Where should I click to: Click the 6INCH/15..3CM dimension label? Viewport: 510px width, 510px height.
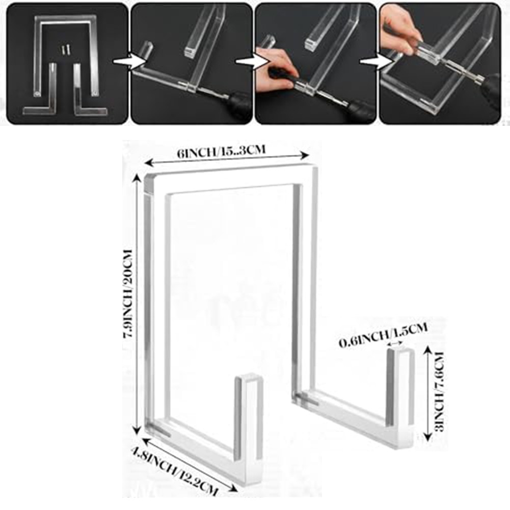[222, 151]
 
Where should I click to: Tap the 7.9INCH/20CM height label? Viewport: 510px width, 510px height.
[128, 294]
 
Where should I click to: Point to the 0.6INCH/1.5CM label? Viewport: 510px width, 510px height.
[383, 336]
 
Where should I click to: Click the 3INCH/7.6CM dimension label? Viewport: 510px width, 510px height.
[439, 392]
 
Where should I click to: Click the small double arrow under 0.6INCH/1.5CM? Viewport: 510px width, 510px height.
[395, 343]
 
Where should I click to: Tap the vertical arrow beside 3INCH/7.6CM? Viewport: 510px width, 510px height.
[428, 393]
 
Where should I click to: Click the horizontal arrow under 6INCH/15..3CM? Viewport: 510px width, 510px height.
[227, 158]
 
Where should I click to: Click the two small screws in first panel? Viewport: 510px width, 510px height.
[65, 50]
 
